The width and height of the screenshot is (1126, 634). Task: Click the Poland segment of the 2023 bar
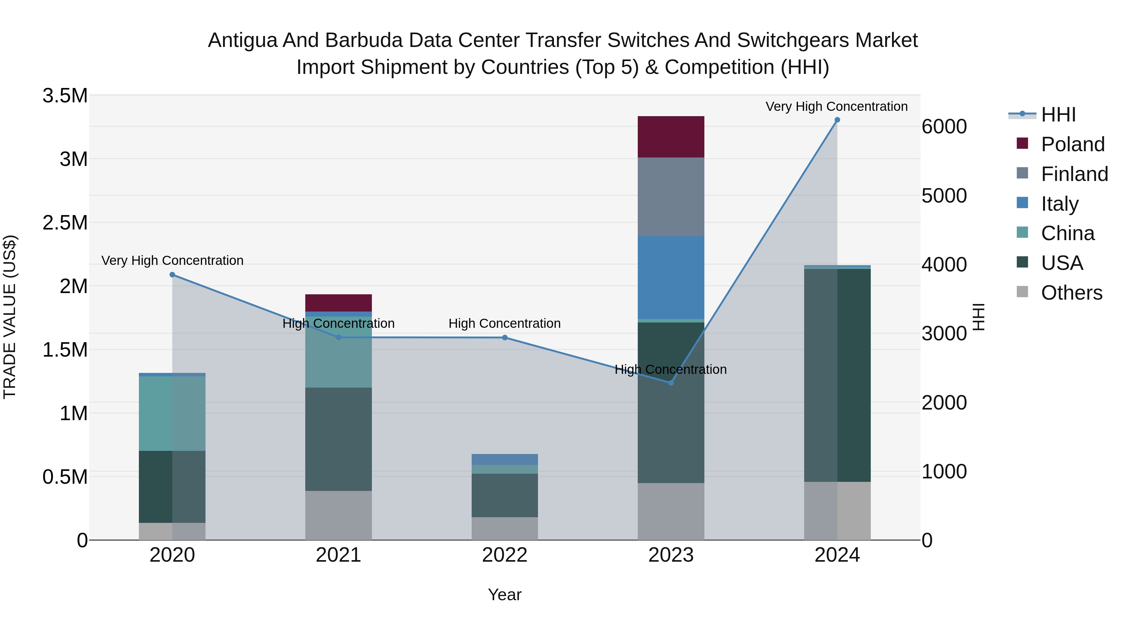671,137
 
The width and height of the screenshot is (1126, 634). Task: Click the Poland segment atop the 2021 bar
338,303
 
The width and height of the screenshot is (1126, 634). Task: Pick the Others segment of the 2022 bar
505,528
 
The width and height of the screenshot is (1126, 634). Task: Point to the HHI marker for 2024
837,120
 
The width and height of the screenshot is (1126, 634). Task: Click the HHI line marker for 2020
172,275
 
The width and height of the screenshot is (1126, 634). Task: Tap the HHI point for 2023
671,383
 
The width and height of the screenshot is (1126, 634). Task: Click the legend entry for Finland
1074,174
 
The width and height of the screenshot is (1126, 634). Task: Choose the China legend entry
1068,233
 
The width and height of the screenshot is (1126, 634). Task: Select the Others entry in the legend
1071,293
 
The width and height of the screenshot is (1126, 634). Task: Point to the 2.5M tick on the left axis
65,222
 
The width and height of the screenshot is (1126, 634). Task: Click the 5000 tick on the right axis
944,196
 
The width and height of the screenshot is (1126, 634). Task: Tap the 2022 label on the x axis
505,555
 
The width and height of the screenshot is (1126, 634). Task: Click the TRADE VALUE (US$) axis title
10,317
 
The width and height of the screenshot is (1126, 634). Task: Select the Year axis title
505,595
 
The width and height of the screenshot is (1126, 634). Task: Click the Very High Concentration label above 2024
836,106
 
